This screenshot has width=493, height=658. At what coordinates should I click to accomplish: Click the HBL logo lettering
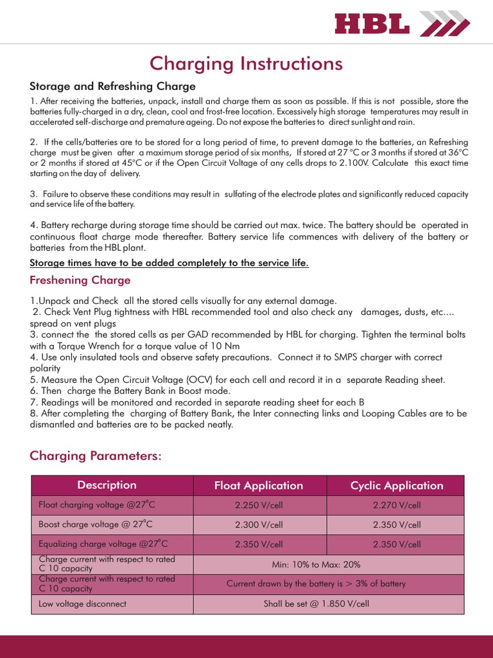click(372, 25)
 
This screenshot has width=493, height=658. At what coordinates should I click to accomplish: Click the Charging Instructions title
click(246, 64)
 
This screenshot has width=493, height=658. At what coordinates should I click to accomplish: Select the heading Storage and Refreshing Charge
click(112, 86)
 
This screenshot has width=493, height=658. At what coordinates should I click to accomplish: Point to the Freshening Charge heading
click(80, 280)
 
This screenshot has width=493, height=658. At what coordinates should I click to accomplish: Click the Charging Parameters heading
click(96, 456)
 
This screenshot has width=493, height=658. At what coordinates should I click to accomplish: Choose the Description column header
click(107, 485)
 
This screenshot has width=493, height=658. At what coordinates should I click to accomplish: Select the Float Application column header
click(259, 486)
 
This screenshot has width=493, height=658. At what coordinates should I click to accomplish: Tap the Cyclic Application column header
click(397, 486)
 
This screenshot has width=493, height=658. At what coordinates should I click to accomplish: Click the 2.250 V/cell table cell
click(259, 506)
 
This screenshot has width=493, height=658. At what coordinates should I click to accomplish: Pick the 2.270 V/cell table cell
click(397, 506)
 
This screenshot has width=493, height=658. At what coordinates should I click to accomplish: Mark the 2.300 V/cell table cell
click(259, 525)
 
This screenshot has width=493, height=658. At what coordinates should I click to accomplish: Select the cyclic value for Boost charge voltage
click(397, 525)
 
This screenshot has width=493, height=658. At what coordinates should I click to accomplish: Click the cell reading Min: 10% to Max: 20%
click(316, 565)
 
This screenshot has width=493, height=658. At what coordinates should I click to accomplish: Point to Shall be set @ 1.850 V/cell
click(316, 604)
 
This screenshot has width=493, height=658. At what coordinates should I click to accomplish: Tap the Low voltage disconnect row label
click(83, 604)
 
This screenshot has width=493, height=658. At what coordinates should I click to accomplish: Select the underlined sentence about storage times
click(169, 263)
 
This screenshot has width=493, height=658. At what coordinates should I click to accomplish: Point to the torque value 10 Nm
click(206, 346)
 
